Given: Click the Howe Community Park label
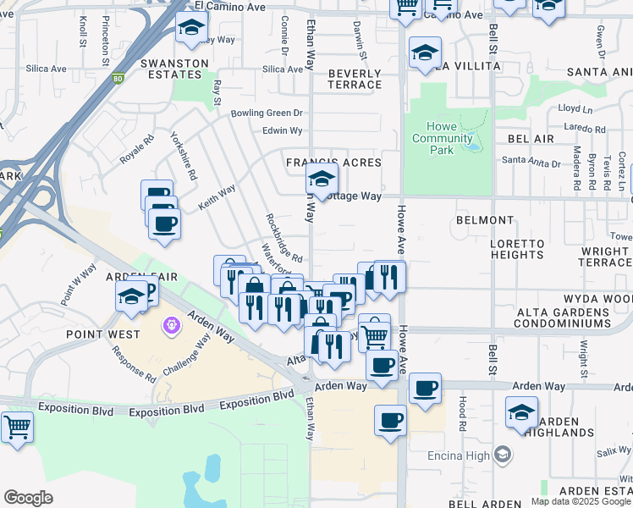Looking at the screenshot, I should pyautogui.click(x=443, y=138).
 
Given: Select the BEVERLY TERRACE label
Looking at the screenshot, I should pyautogui.click(x=355, y=79).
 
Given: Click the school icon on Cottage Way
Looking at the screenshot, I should pyautogui.click(x=322, y=179).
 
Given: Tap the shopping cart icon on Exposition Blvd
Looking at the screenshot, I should pyautogui.click(x=17, y=427).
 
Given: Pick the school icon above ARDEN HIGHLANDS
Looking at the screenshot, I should pyautogui.click(x=521, y=412).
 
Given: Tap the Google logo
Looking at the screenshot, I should pyautogui.click(x=28, y=498).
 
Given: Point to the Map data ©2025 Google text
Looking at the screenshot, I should pyautogui.click(x=581, y=501).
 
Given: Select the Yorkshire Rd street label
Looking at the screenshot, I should pyautogui.click(x=184, y=157).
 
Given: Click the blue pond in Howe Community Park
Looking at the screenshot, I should pyautogui.click(x=471, y=146).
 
